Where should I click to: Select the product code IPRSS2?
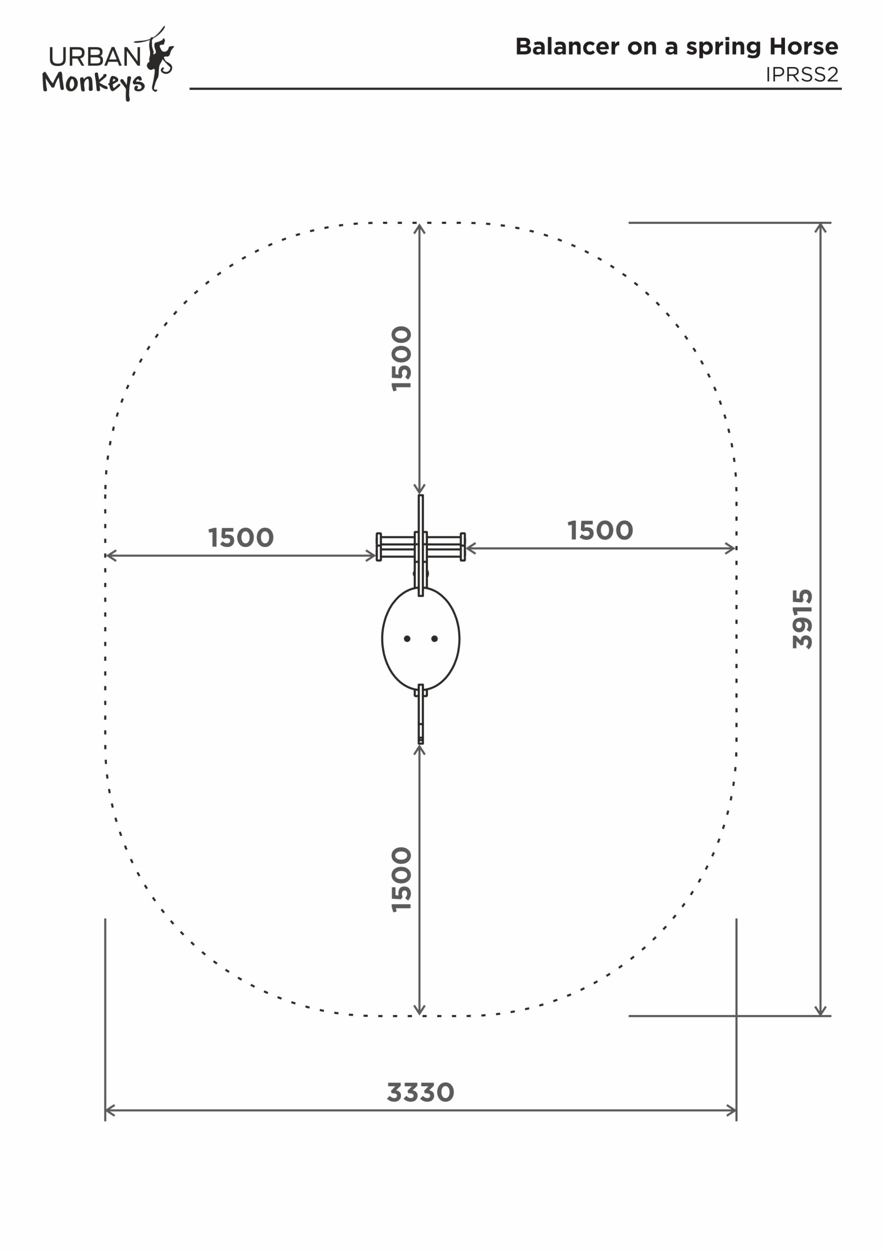[x=802, y=75]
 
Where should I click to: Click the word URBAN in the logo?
[x=96, y=57]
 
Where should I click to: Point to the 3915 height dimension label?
[x=802, y=619]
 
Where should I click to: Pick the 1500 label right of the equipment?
[x=600, y=531]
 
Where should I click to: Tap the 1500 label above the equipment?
[x=402, y=359]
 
